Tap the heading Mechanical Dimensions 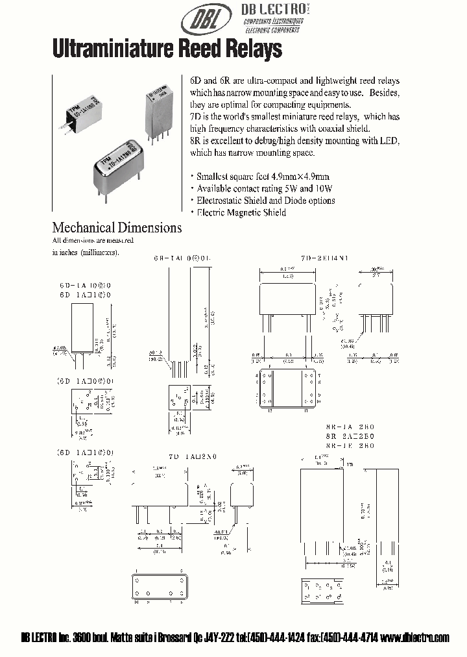[117, 228]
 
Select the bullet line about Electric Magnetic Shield [239, 212]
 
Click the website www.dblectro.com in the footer [416, 638]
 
